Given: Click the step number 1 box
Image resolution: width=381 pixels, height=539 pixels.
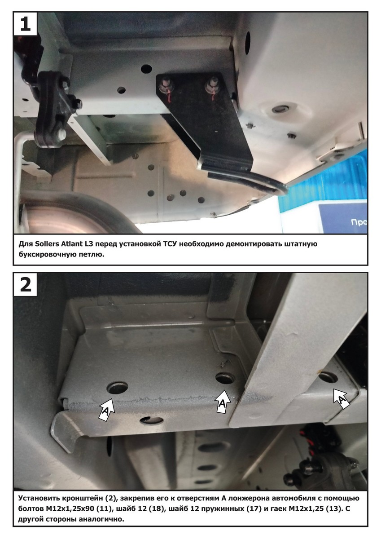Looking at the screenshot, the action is tap(25, 23).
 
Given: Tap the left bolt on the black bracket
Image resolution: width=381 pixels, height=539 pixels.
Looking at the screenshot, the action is tap(164, 85).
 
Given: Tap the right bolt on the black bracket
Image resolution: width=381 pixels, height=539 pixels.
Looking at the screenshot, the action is tap(211, 85).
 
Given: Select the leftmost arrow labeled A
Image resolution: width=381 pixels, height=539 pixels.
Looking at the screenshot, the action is tap(106, 409).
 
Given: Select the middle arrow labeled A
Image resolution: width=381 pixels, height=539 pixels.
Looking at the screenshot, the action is tap(222, 402).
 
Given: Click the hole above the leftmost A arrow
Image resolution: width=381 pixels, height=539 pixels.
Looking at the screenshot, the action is tap(117, 387).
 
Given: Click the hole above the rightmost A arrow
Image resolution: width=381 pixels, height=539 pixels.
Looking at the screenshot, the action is tap(328, 376).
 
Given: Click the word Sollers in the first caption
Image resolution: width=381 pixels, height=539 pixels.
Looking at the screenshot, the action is tap(47, 244).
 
